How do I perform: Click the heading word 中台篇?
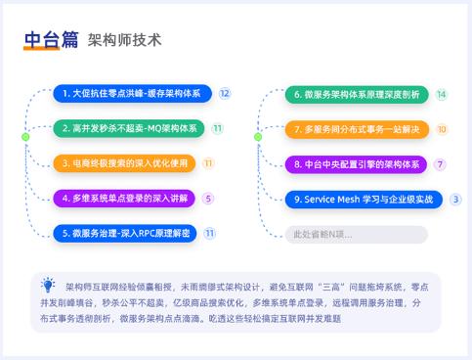(52, 40)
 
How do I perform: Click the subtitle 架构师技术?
(124, 41)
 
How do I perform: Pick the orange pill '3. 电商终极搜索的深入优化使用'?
(124, 163)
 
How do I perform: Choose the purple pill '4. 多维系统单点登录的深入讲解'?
(124, 199)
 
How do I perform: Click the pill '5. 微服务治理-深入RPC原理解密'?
(124, 233)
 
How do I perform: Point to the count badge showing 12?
(225, 93)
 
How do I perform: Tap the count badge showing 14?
(442, 94)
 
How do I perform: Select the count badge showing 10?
(442, 129)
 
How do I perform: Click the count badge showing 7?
(441, 163)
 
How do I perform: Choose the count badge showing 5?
(208, 199)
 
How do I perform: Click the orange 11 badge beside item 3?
(208, 163)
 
